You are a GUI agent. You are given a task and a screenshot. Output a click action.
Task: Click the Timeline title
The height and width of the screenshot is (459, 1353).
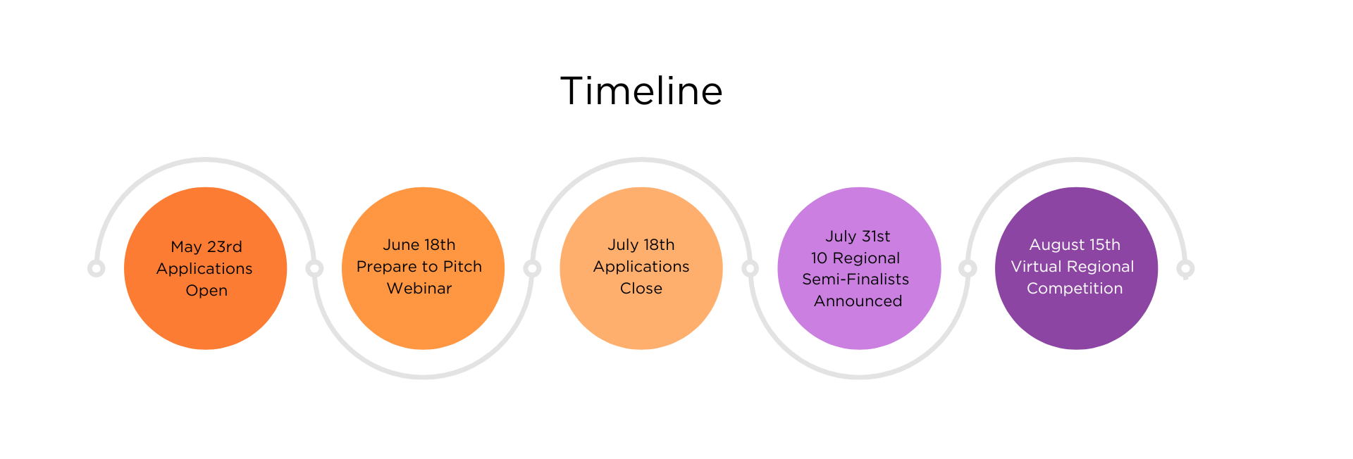click(641, 92)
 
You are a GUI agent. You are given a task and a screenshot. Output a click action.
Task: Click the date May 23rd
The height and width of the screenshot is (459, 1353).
click(206, 247)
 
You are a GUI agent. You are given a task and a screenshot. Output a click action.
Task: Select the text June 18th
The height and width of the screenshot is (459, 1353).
click(419, 245)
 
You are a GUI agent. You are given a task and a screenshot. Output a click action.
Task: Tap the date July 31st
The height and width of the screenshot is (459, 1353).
click(858, 237)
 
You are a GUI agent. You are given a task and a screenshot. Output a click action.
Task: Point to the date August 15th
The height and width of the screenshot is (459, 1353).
click(1075, 245)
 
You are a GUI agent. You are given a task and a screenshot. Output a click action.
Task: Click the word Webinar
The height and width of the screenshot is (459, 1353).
click(419, 289)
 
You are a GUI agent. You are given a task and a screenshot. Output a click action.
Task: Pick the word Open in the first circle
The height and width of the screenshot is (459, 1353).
click(206, 291)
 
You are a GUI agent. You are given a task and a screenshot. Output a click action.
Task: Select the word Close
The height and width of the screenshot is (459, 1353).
click(641, 289)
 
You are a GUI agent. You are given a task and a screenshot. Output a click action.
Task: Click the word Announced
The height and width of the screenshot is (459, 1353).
click(858, 301)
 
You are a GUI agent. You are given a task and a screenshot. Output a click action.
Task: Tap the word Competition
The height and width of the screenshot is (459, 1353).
click(1075, 289)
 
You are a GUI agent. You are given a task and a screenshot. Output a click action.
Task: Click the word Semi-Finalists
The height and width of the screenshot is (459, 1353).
click(855, 279)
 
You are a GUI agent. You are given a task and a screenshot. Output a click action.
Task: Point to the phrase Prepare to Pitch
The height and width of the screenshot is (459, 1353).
click(419, 267)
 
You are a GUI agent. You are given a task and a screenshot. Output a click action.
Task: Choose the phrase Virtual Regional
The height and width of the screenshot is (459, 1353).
click(1073, 267)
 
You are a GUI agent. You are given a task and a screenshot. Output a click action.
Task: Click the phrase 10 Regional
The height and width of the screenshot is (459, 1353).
click(855, 258)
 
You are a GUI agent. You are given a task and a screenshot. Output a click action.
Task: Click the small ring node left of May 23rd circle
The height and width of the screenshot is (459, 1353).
click(97, 268)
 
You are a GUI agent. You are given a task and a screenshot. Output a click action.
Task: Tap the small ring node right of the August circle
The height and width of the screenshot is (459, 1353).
click(1186, 268)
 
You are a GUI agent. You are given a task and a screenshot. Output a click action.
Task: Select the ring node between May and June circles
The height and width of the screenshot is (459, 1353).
click(315, 268)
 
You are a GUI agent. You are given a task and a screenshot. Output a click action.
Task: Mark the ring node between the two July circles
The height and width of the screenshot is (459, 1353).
click(750, 268)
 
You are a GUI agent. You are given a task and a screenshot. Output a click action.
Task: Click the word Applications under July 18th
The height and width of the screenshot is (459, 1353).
click(641, 267)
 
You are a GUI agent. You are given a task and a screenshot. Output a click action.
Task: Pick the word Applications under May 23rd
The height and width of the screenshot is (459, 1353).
click(204, 269)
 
